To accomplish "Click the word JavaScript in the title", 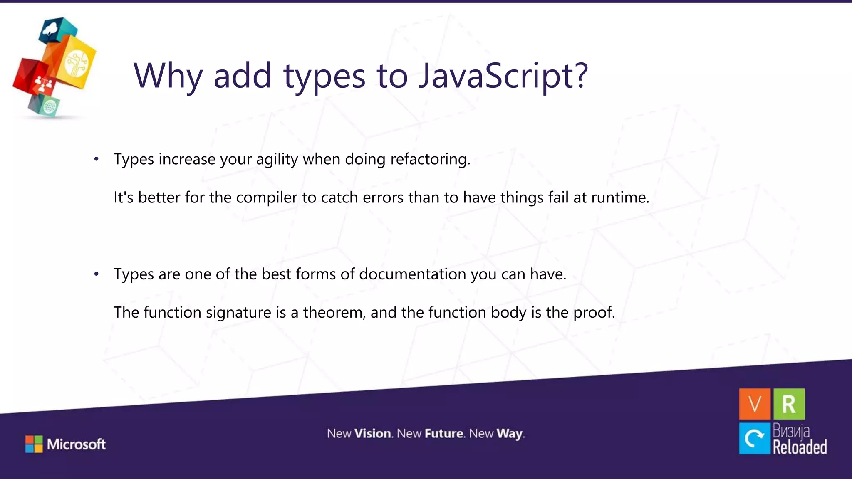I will tap(503, 76).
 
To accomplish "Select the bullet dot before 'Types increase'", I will tap(97, 159).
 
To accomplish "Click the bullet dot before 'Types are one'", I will tap(97, 274).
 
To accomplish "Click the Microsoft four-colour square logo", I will tap(34, 444).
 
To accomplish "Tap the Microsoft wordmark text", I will tap(77, 444).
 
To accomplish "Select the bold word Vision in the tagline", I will tap(373, 434).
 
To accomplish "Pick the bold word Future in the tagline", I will tap(444, 434).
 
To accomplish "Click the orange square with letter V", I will tap(755, 404).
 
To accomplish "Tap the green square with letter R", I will tap(789, 404).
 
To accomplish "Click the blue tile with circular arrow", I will tap(755, 438).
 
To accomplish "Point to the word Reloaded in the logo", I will tap(800, 447).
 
